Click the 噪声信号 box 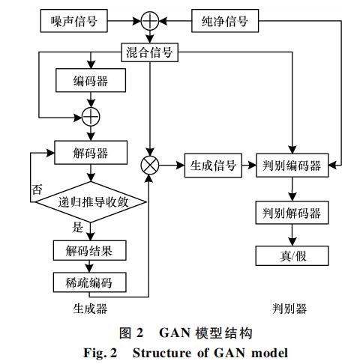tap(74, 21)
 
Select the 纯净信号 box tap(225, 21)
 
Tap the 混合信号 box tap(150, 52)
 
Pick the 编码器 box tap(91, 80)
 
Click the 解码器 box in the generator tap(91, 153)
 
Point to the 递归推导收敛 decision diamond tap(91, 201)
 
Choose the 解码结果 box tap(89, 250)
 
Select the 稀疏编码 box tap(89, 282)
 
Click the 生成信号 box tap(213, 166)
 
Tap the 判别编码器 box tap(292, 166)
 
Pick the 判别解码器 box tap(292, 213)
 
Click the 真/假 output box tap(292, 255)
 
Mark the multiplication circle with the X tap(150, 166)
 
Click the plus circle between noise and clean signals tap(150, 21)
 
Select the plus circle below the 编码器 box tap(91, 117)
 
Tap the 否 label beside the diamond tap(37, 189)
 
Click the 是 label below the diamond tap(77, 228)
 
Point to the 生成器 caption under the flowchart tap(90, 309)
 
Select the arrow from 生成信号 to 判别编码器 tap(249, 166)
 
